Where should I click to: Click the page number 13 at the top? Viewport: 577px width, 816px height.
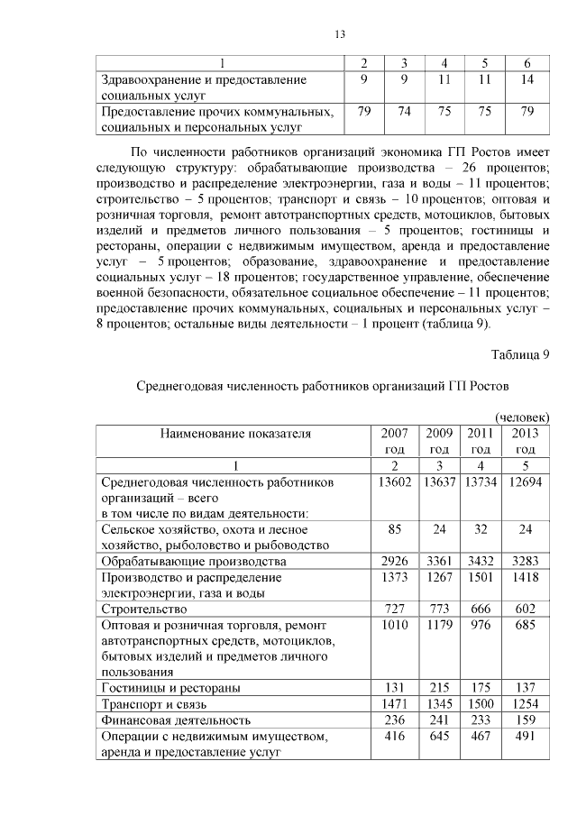coord(340,34)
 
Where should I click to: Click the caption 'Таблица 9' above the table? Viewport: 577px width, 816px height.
coord(520,353)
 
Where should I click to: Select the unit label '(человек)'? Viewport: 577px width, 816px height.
coord(522,417)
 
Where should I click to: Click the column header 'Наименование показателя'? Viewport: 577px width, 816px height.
coord(235,434)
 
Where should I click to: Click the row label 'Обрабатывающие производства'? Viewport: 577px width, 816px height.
coord(193,561)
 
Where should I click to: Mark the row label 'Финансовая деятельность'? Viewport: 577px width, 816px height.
coord(176,720)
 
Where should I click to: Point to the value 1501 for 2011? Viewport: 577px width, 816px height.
coord(481,577)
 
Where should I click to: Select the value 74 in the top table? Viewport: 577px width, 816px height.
coord(404,112)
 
